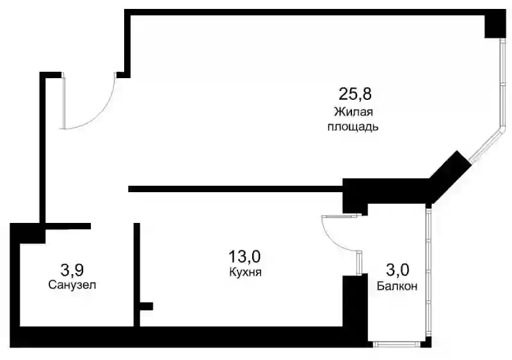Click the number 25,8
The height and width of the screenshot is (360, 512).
[355, 94]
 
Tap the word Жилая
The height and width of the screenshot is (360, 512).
[353, 112]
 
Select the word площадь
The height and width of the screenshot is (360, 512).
[353, 126]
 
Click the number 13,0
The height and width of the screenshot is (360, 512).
[244, 256]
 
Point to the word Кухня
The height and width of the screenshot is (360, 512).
[246, 272]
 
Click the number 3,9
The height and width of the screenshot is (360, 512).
[72, 270]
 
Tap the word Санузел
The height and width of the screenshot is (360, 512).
[72, 285]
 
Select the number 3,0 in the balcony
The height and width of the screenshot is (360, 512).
[397, 270]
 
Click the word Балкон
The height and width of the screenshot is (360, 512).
[397, 286]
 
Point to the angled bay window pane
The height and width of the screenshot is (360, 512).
[486, 145]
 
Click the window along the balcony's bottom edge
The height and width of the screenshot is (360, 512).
[397, 344]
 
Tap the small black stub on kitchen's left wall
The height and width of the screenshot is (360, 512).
[147, 306]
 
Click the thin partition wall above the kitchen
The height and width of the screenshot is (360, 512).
[235, 189]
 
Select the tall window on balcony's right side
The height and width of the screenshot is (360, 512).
[429, 272]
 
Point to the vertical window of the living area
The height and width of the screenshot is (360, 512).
[503, 83]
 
